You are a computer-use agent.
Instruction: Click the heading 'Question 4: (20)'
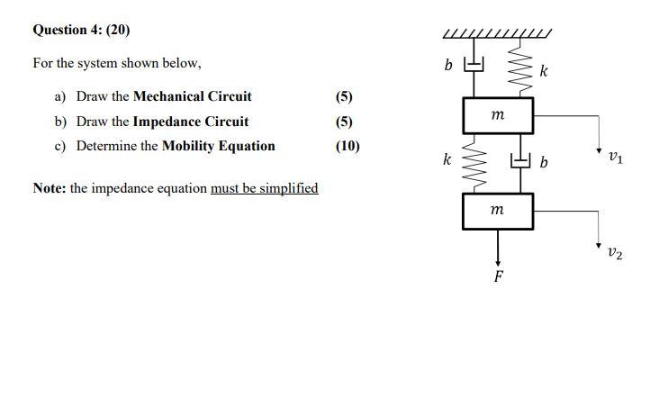point(81,30)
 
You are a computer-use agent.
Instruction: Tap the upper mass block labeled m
point(498,114)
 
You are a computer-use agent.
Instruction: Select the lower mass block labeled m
point(498,211)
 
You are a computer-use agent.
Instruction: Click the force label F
point(498,276)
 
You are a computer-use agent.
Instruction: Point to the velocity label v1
point(614,158)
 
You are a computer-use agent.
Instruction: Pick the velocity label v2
point(614,254)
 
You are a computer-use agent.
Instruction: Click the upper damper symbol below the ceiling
point(474,66)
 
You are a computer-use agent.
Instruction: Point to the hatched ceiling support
point(497,35)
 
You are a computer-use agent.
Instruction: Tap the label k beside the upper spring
point(543,70)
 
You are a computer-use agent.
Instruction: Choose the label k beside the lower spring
point(447,160)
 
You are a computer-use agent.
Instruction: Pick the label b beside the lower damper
point(544,163)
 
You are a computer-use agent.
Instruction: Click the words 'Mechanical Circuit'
point(192,96)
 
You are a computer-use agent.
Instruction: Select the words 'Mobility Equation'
point(218,146)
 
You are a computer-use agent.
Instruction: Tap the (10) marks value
point(348,146)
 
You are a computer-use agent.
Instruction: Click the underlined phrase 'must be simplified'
point(264,188)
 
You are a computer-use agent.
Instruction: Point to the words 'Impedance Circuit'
point(190,122)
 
